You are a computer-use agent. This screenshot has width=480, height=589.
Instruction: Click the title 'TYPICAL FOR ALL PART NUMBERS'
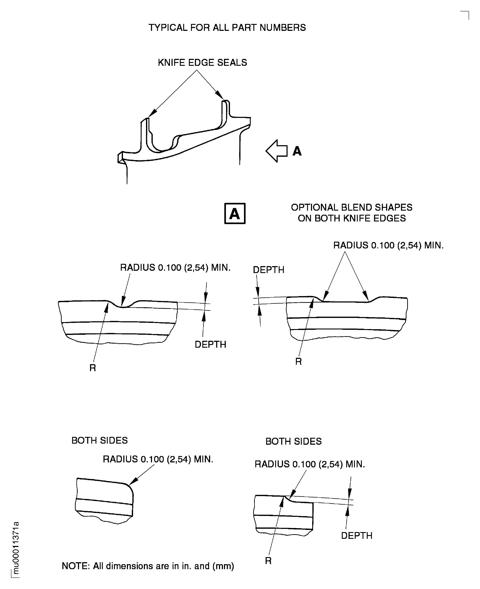tap(227, 28)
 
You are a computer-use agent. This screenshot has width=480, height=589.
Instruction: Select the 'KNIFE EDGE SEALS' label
tap(202, 63)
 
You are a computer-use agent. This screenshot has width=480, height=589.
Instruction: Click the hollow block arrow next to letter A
tap(276, 151)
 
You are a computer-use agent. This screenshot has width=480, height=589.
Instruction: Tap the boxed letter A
tap(235, 214)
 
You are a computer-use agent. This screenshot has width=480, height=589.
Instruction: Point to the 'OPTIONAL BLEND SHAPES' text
tap(351, 207)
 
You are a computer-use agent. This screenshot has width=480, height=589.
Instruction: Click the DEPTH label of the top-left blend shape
tap(210, 344)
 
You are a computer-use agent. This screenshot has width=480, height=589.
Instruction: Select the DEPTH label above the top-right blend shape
tap(268, 270)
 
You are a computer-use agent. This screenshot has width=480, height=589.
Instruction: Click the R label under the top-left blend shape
tap(93, 368)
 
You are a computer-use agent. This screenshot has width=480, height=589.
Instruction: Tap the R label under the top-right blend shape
tap(298, 361)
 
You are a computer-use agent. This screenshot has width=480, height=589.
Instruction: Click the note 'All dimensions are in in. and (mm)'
tap(148, 566)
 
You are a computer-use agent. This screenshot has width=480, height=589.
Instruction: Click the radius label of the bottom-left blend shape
tap(158, 459)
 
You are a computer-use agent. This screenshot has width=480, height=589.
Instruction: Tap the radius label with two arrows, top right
tap(388, 245)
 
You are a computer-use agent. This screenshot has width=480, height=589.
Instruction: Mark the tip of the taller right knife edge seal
tap(226, 101)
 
